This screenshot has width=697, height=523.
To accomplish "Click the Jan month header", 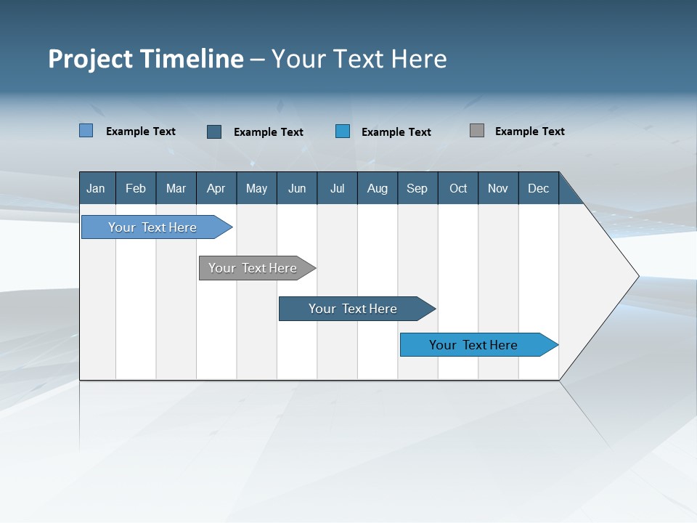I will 96,189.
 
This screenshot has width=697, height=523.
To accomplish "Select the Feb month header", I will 136,189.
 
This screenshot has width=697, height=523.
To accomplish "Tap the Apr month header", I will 216,189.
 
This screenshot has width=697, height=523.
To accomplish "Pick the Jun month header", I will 297,189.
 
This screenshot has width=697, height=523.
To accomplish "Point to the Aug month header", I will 378,189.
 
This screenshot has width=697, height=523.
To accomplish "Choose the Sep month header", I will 417,189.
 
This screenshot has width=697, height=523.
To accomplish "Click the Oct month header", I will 458,189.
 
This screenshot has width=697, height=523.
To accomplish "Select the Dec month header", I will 538,189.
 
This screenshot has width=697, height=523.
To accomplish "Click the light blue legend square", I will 86,131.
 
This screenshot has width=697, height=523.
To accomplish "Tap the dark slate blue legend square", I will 214,131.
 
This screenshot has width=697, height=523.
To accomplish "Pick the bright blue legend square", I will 343,131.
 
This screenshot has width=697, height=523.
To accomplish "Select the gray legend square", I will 476,131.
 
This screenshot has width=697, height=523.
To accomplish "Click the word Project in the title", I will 91,59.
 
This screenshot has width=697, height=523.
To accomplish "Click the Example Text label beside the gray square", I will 529,131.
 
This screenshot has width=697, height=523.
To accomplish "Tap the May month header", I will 256,189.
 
